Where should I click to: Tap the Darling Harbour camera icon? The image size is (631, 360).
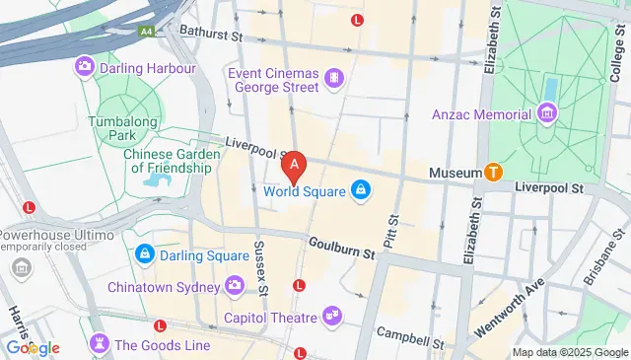(84, 67)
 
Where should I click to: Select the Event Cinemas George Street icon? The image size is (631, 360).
(335, 76)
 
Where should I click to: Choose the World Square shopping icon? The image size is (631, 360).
(361, 190)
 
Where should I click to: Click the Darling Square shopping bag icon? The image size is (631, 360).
(144, 255)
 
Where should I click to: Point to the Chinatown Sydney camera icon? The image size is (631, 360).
(235, 286)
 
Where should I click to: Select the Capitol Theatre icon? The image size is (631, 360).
(333, 317)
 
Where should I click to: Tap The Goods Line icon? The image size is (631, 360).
(99, 344)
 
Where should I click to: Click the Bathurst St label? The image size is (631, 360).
(210, 36)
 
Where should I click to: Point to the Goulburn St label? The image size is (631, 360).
(342, 252)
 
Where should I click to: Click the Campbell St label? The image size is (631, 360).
(411, 337)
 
